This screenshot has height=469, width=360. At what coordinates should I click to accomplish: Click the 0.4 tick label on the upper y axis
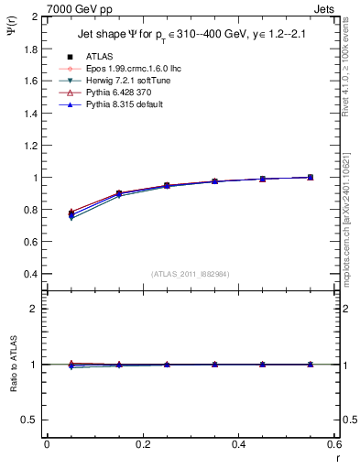pyautogui.click(x=32, y=274)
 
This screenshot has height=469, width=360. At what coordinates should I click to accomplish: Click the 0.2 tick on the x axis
pyautogui.click(x=142, y=444)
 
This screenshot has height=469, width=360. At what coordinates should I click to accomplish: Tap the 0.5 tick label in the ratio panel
pyautogui.click(x=32, y=420)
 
